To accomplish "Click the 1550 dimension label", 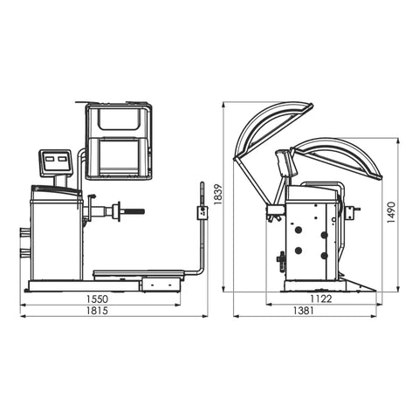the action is pyautogui.click(x=97, y=299).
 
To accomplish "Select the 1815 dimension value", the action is pyautogui.click(x=97, y=311).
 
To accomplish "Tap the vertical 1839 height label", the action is pyautogui.click(x=217, y=194).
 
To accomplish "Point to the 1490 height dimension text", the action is pyautogui.click(x=392, y=212).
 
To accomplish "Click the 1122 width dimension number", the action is pyautogui.click(x=320, y=299).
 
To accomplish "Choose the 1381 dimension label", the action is pyautogui.click(x=303, y=311).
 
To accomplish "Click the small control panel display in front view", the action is pyautogui.click(x=55, y=162).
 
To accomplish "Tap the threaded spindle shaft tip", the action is pyautogui.click(x=143, y=211).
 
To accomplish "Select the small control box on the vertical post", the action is pyautogui.click(x=203, y=213).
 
